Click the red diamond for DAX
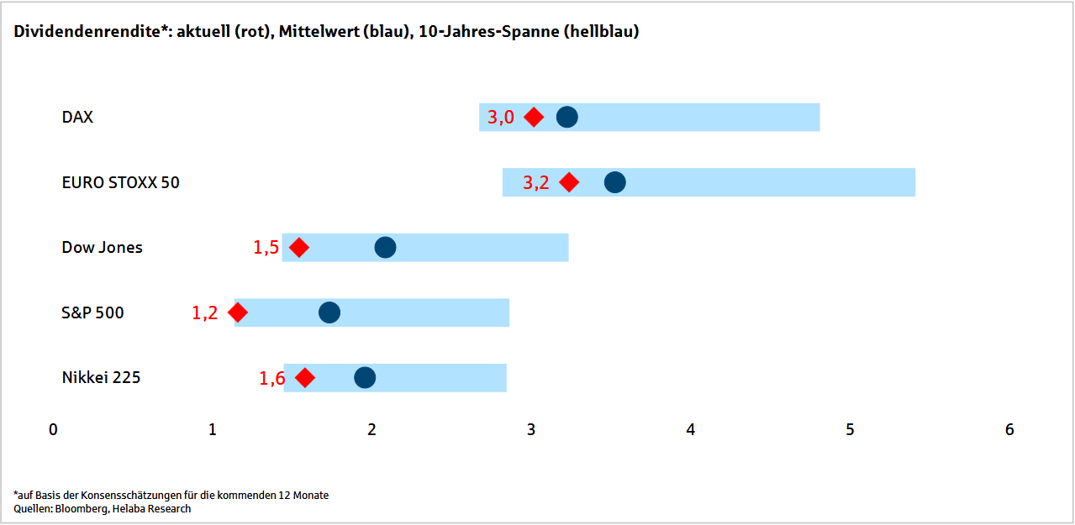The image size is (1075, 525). point(534,117)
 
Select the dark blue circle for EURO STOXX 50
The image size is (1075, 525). point(614,182)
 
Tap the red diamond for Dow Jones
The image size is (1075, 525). point(299,248)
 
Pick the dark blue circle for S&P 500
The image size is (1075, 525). point(329,312)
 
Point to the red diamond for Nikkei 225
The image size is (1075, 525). point(305,378)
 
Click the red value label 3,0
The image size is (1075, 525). point(501,118)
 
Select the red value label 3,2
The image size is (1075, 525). point(535,182)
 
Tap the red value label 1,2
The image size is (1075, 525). point(205,313)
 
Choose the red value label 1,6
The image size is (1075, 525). point(272,378)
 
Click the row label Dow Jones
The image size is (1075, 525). point(103,248)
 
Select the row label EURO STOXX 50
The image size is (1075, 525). point(120,182)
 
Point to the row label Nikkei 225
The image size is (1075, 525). point(101,378)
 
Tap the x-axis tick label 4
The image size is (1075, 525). point(690,429)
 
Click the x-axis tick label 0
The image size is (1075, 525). point(53,429)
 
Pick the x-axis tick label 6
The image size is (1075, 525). point(1009,429)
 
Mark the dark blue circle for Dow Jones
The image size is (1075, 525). point(385,248)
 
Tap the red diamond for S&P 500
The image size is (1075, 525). point(238,312)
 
